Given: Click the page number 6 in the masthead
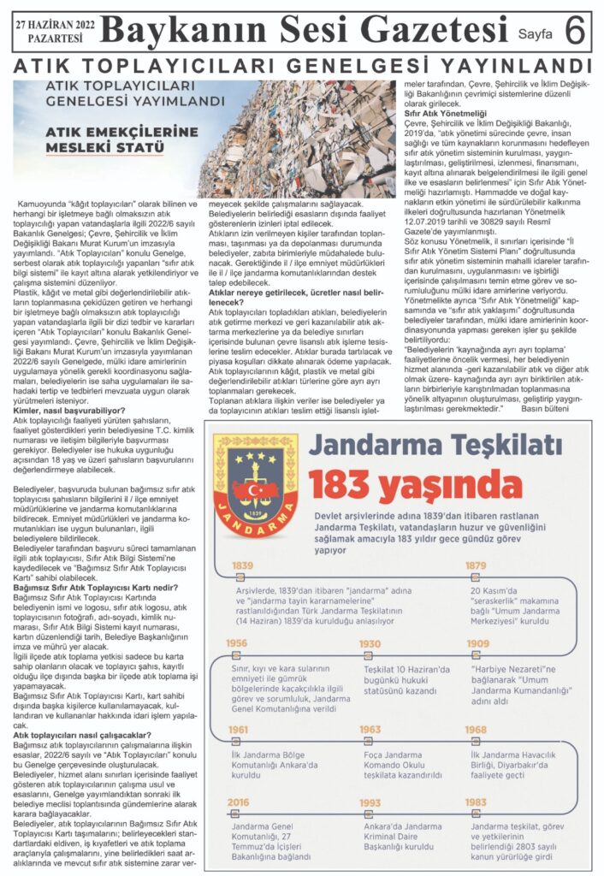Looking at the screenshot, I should pos(576,31).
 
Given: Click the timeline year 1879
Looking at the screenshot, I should pos(477,565).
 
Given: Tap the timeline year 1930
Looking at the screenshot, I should pos(370,643).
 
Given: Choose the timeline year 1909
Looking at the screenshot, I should pos(477,643).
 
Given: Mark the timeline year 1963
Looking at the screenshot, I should pos(370,729).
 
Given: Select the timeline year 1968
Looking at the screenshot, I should pos(477,729).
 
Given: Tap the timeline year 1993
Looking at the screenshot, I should pos(370,802).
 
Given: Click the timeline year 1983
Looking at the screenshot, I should pos(477,802).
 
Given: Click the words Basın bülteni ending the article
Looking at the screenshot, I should pos(545,411).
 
